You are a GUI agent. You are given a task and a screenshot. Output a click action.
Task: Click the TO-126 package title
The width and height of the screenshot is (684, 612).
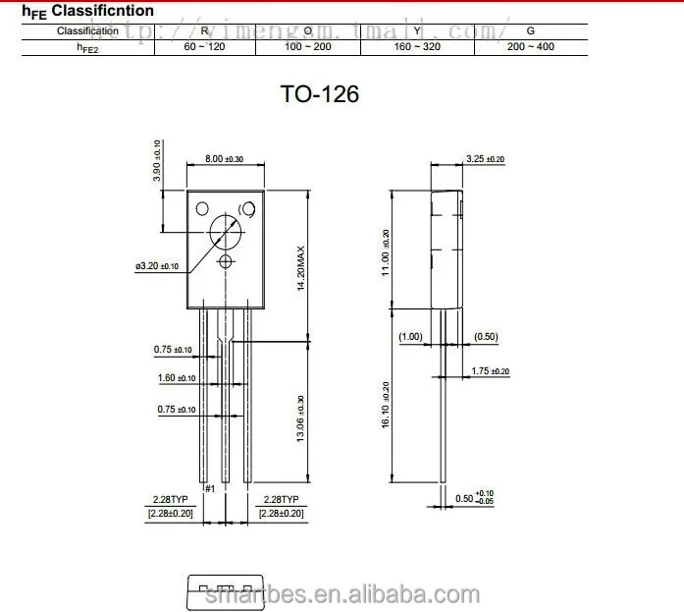[x=320, y=94]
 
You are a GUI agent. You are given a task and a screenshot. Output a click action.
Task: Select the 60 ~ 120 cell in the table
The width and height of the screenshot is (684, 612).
[x=204, y=46]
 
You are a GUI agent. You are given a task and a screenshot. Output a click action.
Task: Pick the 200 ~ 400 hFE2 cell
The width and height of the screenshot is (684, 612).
[x=531, y=46]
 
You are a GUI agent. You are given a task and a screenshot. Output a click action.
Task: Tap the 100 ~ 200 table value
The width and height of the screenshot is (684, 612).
[x=307, y=46]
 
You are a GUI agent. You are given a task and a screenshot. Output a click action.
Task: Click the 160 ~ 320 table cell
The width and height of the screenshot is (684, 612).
[x=417, y=46]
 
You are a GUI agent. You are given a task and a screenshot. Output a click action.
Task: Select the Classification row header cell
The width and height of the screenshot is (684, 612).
[x=87, y=30]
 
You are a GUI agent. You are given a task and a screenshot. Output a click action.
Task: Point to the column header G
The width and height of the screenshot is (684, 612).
[x=531, y=30]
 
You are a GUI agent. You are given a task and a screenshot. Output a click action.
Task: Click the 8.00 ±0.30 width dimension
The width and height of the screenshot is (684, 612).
[x=224, y=159]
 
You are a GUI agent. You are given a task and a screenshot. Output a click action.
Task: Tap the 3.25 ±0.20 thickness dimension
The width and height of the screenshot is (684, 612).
[x=485, y=159]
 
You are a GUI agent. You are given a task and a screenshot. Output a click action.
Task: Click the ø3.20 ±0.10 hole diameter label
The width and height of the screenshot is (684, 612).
[x=158, y=266]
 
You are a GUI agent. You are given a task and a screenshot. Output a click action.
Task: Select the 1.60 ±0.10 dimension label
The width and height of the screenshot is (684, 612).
[x=176, y=378]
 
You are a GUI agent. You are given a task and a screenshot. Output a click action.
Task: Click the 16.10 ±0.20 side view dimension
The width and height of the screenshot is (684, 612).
[x=386, y=404]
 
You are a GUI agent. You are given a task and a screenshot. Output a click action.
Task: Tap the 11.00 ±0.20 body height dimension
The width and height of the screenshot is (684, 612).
[x=386, y=253]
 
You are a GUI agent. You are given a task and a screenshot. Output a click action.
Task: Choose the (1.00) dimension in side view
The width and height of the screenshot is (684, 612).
[x=410, y=337]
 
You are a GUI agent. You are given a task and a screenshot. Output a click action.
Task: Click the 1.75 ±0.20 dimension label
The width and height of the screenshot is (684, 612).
[x=491, y=371]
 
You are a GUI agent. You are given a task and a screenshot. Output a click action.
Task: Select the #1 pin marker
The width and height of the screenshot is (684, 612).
[x=208, y=489]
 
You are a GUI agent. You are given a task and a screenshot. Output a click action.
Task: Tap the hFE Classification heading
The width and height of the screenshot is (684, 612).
[x=87, y=11]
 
